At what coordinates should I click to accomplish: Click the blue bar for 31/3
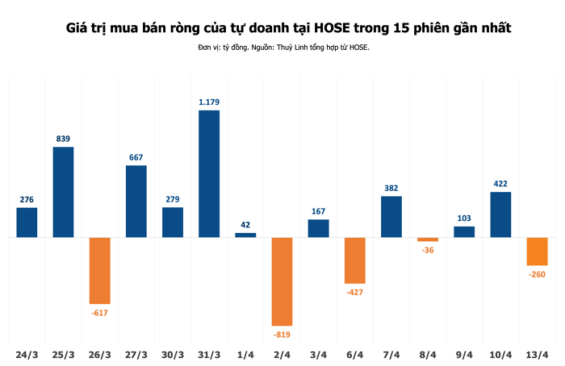pyautogui.click(x=209, y=173)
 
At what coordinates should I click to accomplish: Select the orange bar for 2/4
pyautogui.click(x=282, y=281)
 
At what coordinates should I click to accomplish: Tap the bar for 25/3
pyautogui.click(x=63, y=192)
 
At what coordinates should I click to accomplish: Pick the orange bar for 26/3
pyautogui.click(x=99, y=270)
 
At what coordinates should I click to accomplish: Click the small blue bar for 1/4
pyautogui.click(x=245, y=235)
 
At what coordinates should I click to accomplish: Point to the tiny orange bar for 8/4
pyautogui.click(x=428, y=239)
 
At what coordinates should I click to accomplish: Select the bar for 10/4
pyautogui.click(x=500, y=214)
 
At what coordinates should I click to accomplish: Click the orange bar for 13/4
pyautogui.click(x=537, y=252)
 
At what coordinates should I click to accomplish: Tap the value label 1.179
pyautogui.click(x=209, y=102)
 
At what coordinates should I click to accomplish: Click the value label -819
pyautogui.click(x=282, y=334)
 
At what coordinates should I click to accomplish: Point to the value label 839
pyautogui.click(x=63, y=139)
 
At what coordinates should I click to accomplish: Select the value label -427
pyautogui.click(x=354, y=292)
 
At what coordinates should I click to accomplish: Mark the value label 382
pyautogui.click(x=391, y=188)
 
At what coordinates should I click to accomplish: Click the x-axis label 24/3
pyautogui.click(x=27, y=355)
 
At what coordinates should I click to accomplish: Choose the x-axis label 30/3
pyautogui.click(x=173, y=355)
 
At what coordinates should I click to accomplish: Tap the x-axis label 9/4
pyautogui.click(x=464, y=355)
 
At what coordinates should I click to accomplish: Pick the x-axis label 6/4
pyautogui.click(x=354, y=355)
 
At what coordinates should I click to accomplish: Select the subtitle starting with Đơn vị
pyautogui.click(x=282, y=48)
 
